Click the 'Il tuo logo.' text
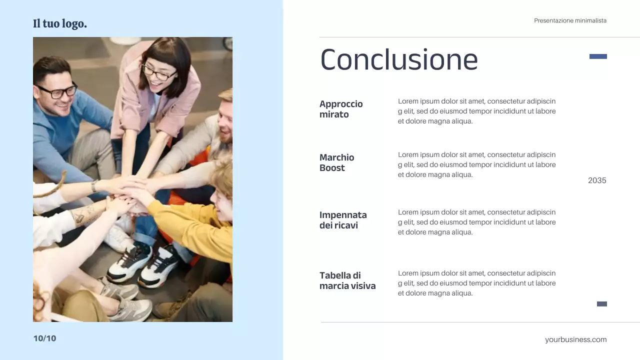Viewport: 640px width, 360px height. (x=60, y=23)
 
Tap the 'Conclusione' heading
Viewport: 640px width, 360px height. (x=399, y=59)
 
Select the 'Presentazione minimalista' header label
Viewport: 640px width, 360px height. (x=570, y=20)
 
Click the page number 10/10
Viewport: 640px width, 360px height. (x=44, y=338)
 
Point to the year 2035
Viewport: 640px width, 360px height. (x=597, y=180)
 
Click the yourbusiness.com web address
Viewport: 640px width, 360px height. (x=575, y=339)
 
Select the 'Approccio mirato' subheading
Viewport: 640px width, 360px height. (x=341, y=109)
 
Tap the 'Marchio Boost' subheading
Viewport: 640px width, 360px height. (x=336, y=162)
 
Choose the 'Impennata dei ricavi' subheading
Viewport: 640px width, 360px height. (x=343, y=220)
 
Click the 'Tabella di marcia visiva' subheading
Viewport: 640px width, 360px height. (x=347, y=280)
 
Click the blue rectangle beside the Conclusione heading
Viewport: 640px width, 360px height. (x=598, y=56)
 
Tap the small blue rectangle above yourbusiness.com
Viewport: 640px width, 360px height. (x=602, y=304)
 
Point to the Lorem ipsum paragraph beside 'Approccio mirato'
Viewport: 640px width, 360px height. (x=476, y=111)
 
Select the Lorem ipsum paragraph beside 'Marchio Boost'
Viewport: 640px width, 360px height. (x=476, y=164)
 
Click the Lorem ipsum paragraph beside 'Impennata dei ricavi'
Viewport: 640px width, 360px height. (x=476, y=222)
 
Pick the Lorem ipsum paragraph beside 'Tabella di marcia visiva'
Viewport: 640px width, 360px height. (x=476, y=283)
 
